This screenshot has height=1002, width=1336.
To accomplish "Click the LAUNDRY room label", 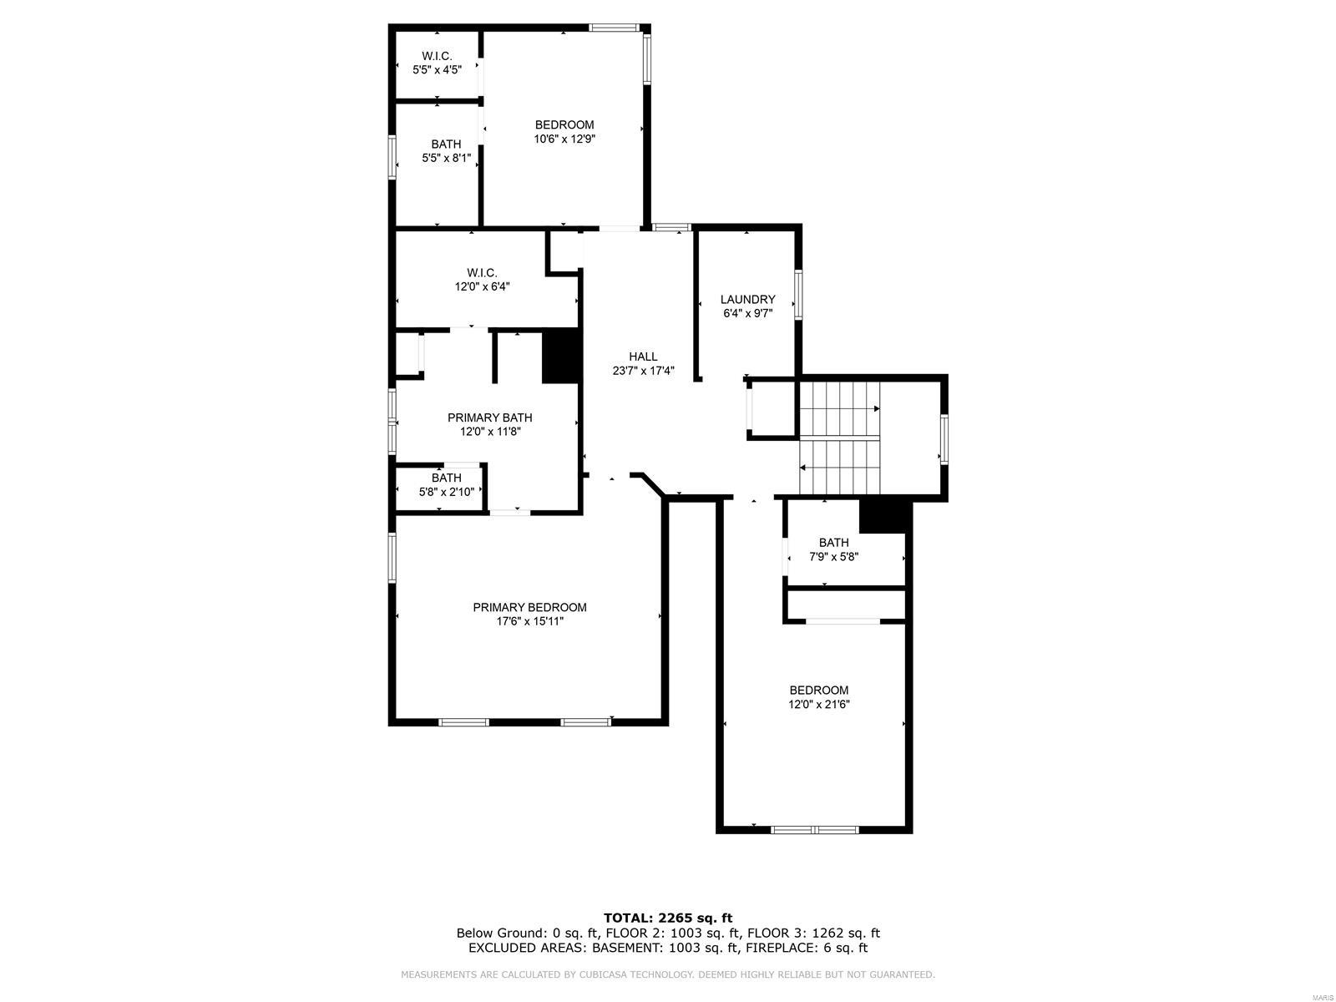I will (747, 299).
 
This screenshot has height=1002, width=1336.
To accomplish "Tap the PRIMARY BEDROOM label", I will (529, 607).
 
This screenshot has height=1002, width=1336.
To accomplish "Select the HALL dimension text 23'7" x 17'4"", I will (643, 371).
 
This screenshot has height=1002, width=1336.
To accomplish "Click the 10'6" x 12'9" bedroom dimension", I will (564, 139).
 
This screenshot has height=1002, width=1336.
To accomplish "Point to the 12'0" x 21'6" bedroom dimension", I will (819, 704).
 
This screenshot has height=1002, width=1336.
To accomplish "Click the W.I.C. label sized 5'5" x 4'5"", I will (437, 56).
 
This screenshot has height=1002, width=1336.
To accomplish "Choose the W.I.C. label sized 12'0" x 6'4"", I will (482, 272).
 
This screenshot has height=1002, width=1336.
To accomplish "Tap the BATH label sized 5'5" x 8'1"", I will (446, 144).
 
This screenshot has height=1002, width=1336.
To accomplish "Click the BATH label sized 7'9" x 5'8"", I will (833, 542).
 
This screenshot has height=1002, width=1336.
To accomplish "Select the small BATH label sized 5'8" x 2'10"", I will (446, 478).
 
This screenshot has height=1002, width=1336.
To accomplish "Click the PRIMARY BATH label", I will (489, 417).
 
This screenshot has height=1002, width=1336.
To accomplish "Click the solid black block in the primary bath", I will (561, 356).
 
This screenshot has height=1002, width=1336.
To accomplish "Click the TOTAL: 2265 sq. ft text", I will (668, 918).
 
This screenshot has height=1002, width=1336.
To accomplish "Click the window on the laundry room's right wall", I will (798, 294).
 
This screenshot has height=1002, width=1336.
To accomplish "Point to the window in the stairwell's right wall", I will (944, 439).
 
